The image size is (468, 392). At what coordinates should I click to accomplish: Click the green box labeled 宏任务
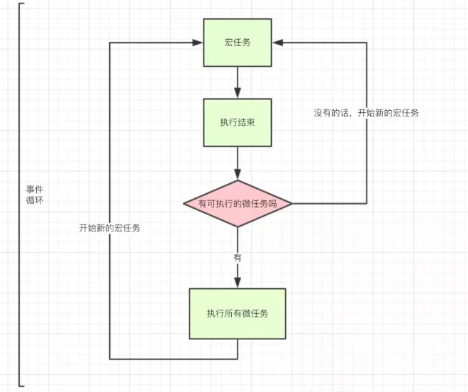coord(238,42)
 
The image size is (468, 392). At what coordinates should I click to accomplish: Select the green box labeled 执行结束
coord(238,122)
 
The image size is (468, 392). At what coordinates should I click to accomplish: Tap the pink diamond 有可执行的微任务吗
coord(238,204)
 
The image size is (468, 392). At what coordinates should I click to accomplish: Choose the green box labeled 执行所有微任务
coord(238,313)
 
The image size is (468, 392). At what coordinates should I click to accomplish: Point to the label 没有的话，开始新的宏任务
coord(366,113)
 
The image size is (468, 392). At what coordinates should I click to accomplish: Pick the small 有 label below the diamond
coord(238,257)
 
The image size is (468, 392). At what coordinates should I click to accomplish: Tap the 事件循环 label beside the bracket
coord(35,195)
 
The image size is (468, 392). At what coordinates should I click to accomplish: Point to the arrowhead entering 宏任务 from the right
coord(279,42)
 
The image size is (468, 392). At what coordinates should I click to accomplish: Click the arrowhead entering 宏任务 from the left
coord(198,42)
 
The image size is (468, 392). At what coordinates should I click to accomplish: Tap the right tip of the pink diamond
coord(291,204)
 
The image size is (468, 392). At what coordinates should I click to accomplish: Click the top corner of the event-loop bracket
coord(21,4)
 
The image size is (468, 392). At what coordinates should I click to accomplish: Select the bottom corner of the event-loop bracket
coord(21,386)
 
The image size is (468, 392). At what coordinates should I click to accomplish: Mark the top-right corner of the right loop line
coord(367,42)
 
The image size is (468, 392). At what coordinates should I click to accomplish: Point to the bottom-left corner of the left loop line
coord(110,359)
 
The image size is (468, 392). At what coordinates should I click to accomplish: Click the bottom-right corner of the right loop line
coord(367,204)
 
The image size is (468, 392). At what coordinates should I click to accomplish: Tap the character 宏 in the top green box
coord(228,42)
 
